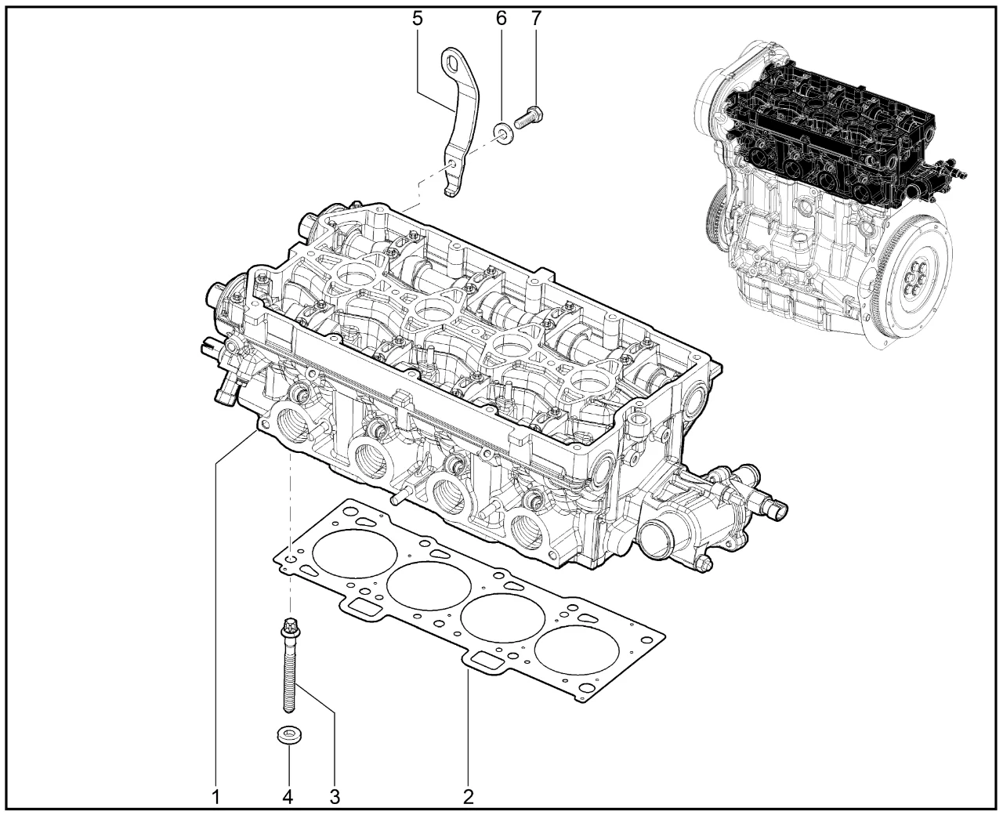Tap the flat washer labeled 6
pyautogui.click(x=503, y=134)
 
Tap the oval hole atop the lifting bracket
pyautogui.click(x=454, y=64)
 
